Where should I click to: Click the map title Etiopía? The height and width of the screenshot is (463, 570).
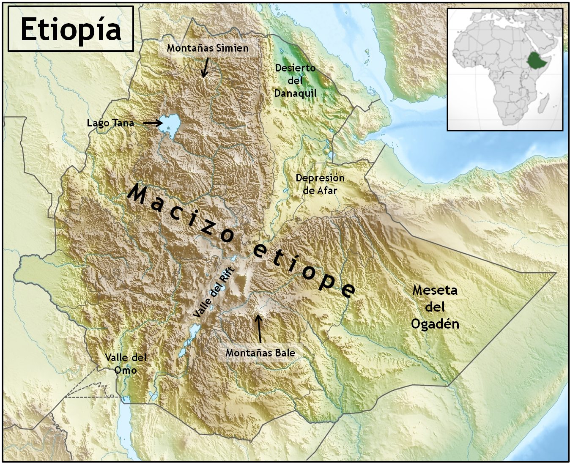[x=71, y=29]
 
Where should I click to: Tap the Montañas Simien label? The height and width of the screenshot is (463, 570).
[x=208, y=48]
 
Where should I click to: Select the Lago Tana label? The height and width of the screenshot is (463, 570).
[x=110, y=123]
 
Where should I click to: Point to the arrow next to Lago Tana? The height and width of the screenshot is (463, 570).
[x=153, y=123]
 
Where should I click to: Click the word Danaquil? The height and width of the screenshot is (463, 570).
[x=295, y=93]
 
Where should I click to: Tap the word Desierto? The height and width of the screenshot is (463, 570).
[x=295, y=68]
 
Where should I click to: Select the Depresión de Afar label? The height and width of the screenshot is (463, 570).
[x=320, y=184]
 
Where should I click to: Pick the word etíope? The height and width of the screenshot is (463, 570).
[x=304, y=271]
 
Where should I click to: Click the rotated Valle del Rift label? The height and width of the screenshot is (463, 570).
[x=213, y=292]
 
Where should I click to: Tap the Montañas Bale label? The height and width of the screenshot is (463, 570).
[x=260, y=353]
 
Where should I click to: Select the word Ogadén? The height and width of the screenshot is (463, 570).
[x=435, y=324]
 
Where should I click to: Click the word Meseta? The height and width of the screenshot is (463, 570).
[x=435, y=290]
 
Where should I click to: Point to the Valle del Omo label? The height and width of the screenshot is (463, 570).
[x=126, y=364]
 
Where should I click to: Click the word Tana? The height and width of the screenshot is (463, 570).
[x=123, y=123]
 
